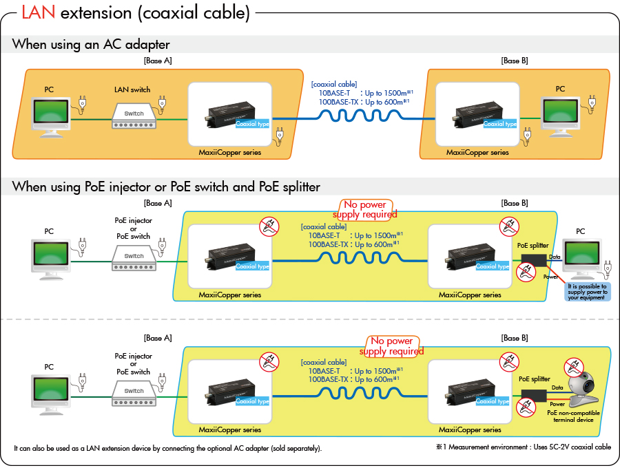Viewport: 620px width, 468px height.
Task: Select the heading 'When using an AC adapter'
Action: click(x=91, y=45)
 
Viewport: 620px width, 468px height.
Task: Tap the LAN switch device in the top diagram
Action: click(x=134, y=114)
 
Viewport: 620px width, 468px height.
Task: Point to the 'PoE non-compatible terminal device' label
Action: click(x=573, y=416)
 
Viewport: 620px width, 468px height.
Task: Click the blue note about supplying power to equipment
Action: click(x=587, y=292)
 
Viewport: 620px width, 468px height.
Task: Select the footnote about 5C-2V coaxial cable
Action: click(x=523, y=447)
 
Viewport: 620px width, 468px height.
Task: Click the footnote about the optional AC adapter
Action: click(x=167, y=448)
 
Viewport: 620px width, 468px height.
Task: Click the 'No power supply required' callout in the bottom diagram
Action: click(x=391, y=346)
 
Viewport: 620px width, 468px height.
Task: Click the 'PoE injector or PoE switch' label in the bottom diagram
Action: click(x=134, y=364)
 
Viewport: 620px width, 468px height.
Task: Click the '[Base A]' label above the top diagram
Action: click(x=158, y=61)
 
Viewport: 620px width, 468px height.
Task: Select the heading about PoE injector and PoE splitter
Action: click(x=166, y=187)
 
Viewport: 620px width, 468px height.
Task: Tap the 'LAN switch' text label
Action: click(x=132, y=90)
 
